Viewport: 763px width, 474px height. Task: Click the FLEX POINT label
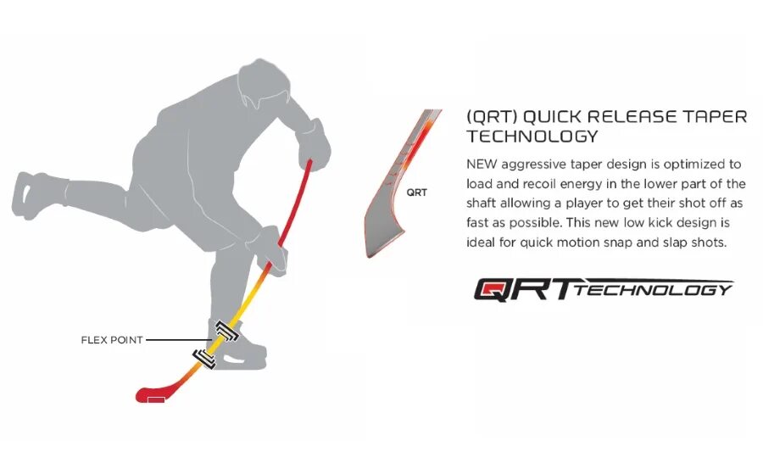click(x=110, y=340)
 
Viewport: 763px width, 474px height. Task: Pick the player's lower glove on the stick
click(x=272, y=249)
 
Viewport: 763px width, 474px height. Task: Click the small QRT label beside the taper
click(x=417, y=192)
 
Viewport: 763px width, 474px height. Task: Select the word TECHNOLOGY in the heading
click(x=532, y=136)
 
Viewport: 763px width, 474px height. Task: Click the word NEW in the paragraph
click(x=483, y=164)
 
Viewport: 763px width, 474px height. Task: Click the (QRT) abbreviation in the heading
click(x=491, y=116)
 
